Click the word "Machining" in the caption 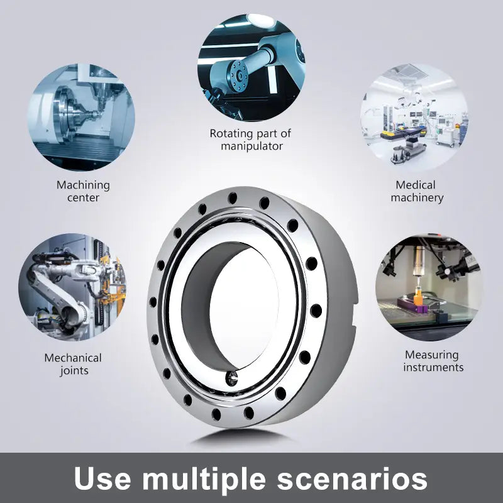click(x=83, y=185)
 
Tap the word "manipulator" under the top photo click(x=252, y=146)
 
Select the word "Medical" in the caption click(x=416, y=185)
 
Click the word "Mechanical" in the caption click(x=73, y=358)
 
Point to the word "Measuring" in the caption click(x=431, y=355)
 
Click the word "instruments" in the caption click(x=433, y=367)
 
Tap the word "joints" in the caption click(x=74, y=371)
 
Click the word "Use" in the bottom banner click(x=102, y=478)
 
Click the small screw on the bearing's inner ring click(x=232, y=378)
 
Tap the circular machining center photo click(x=82, y=118)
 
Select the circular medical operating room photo click(x=414, y=118)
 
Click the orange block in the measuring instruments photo click(x=418, y=297)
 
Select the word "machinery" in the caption click(x=417, y=198)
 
